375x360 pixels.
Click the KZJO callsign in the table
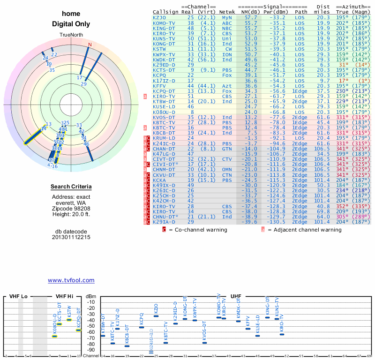tap(160, 17)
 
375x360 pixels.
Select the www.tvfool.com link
tap(71, 280)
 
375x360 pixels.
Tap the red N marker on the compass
tap(90, 45)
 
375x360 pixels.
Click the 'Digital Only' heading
tap(71, 24)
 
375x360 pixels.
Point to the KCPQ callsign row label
tap(160, 75)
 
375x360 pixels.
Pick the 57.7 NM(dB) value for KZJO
tap(251, 17)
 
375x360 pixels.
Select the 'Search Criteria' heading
tap(71, 187)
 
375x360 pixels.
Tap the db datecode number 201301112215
tap(71, 237)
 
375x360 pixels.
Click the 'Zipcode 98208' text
tap(71, 209)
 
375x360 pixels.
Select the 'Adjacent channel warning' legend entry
tap(305, 230)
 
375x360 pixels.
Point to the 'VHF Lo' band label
tap(18, 297)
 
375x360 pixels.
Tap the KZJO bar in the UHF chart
tap(156, 316)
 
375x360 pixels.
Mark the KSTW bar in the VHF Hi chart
tap(69, 320)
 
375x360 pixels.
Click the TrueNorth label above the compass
tap(71, 35)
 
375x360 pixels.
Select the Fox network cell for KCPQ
tap(227, 75)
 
